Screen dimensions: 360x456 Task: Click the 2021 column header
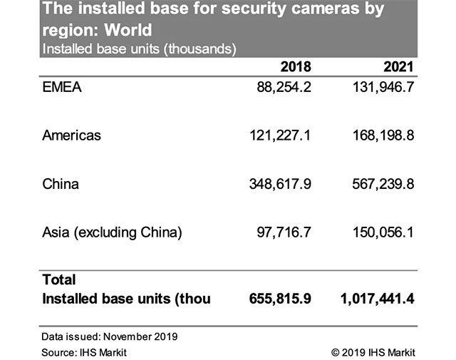pos(399,68)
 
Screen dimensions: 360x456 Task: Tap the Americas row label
pos(71,135)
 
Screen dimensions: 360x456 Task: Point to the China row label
pos(61,184)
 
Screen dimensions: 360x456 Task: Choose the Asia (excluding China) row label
pos(113,232)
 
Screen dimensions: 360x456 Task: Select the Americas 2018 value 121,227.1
pos(273,135)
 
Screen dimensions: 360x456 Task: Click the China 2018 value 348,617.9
pos(273,184)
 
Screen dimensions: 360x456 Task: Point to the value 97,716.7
pos(278,232)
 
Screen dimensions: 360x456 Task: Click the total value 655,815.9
pos(273,299)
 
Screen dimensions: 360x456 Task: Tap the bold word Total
pos(59,280)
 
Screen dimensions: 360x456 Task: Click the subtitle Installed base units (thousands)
pos(139,49)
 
